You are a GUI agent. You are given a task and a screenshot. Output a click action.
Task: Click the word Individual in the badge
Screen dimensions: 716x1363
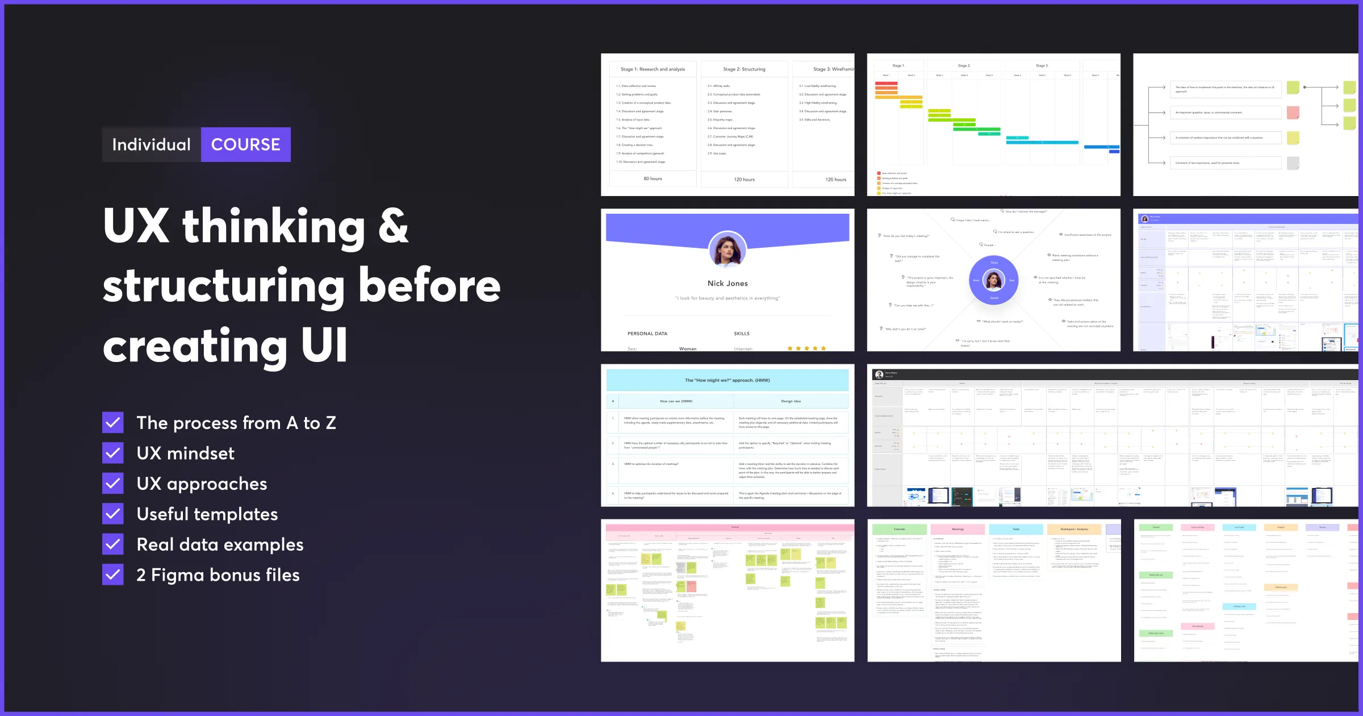point(151,145)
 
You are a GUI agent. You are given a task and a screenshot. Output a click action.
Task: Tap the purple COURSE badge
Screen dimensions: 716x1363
point(246,145)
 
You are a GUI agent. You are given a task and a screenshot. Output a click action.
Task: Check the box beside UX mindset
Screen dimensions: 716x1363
point(113,453)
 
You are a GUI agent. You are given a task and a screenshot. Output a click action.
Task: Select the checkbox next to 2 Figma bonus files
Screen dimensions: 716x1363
point(113,575)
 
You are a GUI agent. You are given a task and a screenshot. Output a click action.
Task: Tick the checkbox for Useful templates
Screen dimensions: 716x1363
point(113,514)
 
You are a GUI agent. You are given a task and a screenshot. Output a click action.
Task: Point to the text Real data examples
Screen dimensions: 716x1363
point(220,544)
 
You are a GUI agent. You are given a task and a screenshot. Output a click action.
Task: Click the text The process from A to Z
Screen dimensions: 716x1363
point(236,423)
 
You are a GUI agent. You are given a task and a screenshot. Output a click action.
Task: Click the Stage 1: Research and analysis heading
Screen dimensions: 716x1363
point(653,69)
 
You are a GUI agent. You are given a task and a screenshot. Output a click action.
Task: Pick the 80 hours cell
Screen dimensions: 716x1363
point(653,178)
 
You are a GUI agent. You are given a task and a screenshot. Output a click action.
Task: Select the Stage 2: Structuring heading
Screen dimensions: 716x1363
point(744,69)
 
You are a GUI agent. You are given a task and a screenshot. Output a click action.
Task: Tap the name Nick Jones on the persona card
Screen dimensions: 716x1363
point(728,284)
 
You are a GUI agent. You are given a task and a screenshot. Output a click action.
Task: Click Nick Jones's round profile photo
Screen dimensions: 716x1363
point(728,250)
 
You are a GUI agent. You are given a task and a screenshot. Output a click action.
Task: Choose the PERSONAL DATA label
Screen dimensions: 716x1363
point(647,334)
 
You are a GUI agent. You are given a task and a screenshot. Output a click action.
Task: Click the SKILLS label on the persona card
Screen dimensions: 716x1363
point(741,334)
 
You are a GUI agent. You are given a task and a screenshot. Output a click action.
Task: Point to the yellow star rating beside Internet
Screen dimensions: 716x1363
point(806,348)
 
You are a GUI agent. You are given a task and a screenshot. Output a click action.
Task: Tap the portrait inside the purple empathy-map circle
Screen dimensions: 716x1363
point(994,280)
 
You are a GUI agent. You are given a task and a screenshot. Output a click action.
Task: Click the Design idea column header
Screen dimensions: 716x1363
point(791,401)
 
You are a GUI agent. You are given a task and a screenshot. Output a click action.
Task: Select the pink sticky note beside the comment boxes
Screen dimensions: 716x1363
point(1293,113)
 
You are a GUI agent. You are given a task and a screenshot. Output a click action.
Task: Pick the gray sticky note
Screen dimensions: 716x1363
point(1293,163)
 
